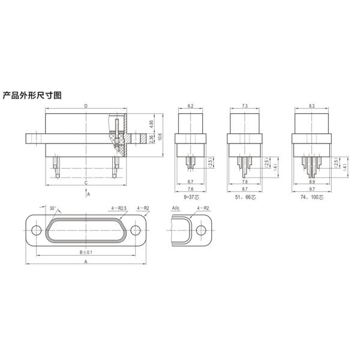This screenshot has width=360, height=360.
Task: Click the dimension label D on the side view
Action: click(x=86, y=106)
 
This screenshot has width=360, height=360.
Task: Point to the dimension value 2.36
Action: click(x=151, y=138)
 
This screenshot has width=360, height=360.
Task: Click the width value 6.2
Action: click(x=190, y=106)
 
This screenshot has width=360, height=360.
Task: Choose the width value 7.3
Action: click(x=245, y=106)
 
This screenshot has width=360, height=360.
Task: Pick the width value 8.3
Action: click(x=311, y=106)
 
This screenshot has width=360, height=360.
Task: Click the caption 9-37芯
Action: click(x=190, y=196)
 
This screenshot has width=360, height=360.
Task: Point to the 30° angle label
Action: click(x=53, y=209)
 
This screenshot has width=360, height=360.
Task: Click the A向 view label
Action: click(x=176, y=208)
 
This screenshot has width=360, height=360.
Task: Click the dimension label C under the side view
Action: click(x=86, y=182)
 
